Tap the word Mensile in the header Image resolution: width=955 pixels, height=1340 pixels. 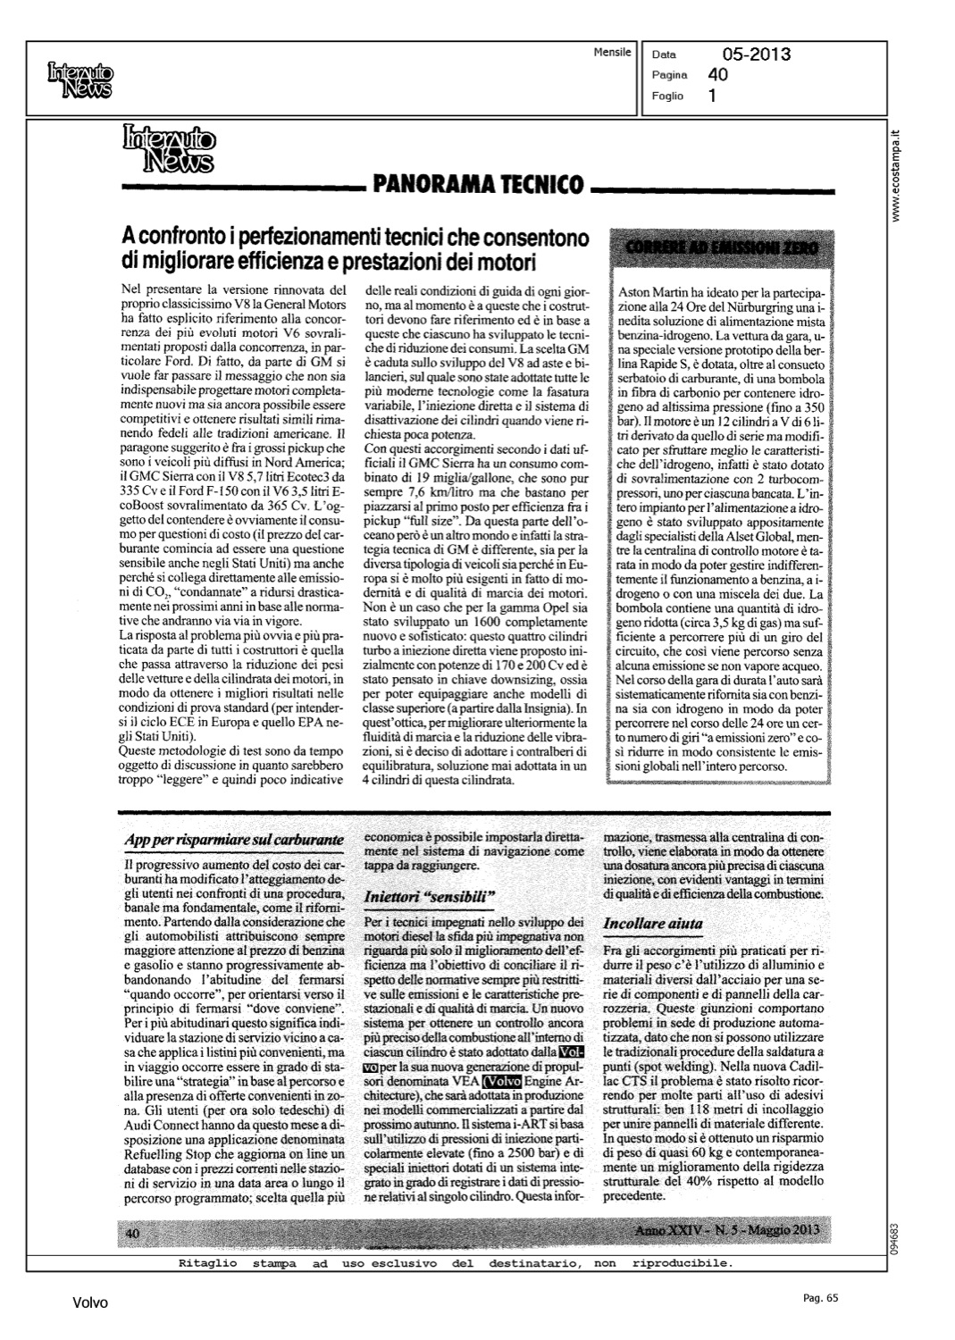(612, 53)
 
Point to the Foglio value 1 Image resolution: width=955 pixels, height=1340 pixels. (711, 96)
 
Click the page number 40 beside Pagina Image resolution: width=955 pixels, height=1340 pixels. (717, 75)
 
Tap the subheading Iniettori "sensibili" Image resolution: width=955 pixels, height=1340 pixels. (430, 895)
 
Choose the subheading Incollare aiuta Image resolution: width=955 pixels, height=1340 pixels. (653, 923)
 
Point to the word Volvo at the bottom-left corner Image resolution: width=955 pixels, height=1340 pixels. (90, 1303)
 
